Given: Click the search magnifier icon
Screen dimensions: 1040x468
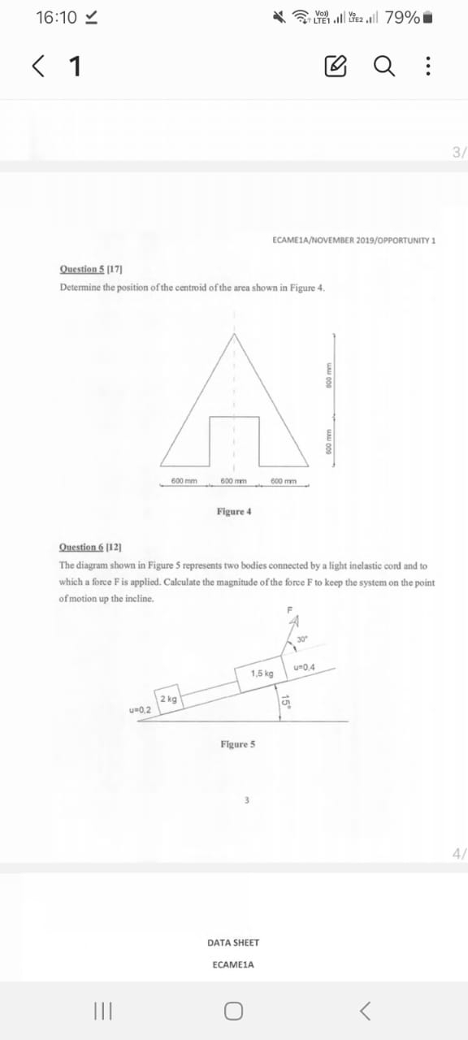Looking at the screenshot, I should point(384,66).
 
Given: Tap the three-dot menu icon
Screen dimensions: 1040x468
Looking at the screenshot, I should point(427,66).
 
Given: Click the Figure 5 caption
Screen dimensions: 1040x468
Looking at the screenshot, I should point(237,744).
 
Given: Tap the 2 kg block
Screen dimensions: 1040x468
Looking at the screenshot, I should point(171,700).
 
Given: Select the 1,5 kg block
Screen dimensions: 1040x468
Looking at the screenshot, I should point(262,674).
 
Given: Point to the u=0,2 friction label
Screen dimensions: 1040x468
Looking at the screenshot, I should point(141,710).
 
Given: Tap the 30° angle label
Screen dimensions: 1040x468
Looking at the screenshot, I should point(301,639).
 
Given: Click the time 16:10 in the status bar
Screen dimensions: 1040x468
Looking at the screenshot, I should point(56,18).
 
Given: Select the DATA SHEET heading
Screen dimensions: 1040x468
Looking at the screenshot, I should point(233,942).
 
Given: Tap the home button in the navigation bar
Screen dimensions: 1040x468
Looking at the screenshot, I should point(234,1011).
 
